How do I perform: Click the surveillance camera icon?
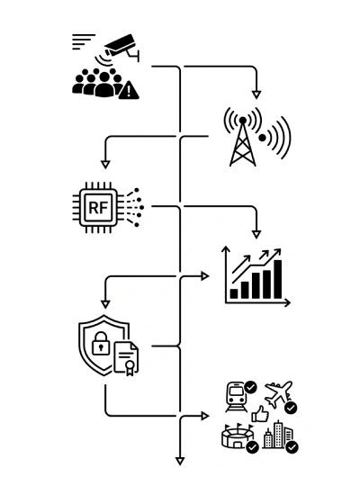coord(121,47)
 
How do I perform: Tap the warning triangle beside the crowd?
coord(129,90)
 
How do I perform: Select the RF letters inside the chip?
coord(98,208)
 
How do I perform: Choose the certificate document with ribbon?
coord(126,358)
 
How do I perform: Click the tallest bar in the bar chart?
coord(278,279)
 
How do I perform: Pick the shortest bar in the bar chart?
coord(234,293)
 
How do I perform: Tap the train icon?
coord(236,397)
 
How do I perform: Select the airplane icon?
coord(278,393)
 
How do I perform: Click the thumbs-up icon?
coord(260,414)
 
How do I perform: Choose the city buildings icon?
coord(277,435)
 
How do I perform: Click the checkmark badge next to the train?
coord(251,387)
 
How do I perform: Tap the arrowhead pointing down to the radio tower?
coord(256,94)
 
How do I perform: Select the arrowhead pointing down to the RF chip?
coord(105,165)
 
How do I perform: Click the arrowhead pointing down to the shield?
coord(105,304)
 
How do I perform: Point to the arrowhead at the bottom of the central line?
coord(180,461)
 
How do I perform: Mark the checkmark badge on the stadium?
coord(253,447)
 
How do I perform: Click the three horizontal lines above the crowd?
coord(83,41)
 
